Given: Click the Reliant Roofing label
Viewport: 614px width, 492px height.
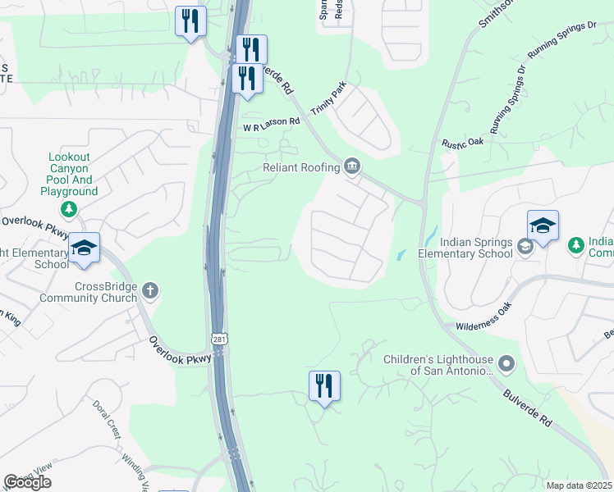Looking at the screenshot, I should pyautogui.click(x=301, y=167).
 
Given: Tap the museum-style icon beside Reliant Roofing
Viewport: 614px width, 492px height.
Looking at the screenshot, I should pyautogui.click(x=352, y=166).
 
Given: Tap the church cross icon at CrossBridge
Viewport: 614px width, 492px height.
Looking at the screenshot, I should pyautogui.click(x=149, y=289).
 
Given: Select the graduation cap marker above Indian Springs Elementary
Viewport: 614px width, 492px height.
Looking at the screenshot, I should pyautogui.click(x=543, y=225).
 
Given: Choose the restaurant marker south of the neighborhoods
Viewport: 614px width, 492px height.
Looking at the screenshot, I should pyautogui.click(x=324, y=386).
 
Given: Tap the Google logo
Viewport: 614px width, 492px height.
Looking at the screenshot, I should pyautogui.click(x=27, y=482).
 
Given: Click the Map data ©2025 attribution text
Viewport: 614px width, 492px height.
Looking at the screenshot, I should pyautogui.click(x=579, y=485).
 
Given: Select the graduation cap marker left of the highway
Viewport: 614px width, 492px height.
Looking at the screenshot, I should pyautogui.click(x=84, y=248).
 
